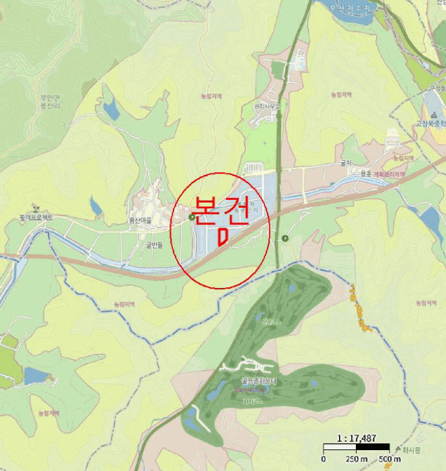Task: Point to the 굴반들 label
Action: (x=155, y=246)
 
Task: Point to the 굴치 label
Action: (x=346, y=162)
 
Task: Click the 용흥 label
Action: (x=365, y=174)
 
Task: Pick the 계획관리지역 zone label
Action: (x=389, y=174)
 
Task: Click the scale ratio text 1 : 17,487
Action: (x=357, y=435)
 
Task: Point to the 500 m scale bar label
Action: (x=389, y=459)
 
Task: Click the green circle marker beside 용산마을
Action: (x=192, y=217)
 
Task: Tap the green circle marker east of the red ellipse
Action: (x=285, y=238)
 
